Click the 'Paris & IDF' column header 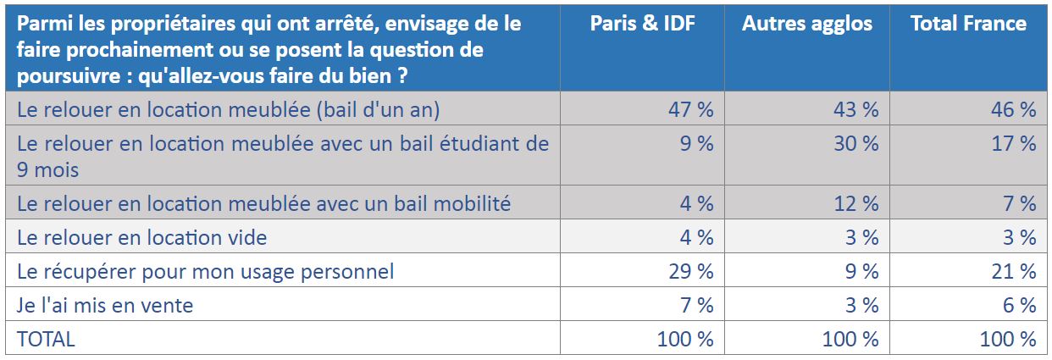(x=642, y=24)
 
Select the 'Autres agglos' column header (x=807, y=25)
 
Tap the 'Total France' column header (x=968, y=24)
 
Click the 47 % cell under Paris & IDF (x=691, y=109)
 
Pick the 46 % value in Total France (x=1014, y=109)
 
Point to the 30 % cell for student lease (x=856, y=143)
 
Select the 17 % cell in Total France (x=1014, y=143)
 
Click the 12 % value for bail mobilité (x=856, y=203)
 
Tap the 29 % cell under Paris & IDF (x=691, y=271)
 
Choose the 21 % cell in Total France (x=1014, y=271)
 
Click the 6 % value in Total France (x=1020, y=305)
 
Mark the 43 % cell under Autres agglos (x=856, y=109)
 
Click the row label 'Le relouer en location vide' (x=141, y=237)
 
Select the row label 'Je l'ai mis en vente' (x=105, y=305)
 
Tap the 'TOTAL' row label (x=46, y=339)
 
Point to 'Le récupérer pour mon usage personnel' (x=205, y=272)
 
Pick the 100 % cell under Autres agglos (x=850, y=339)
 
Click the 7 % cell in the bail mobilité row (x=1020, y=203)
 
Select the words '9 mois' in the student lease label (x=48, y=169)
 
